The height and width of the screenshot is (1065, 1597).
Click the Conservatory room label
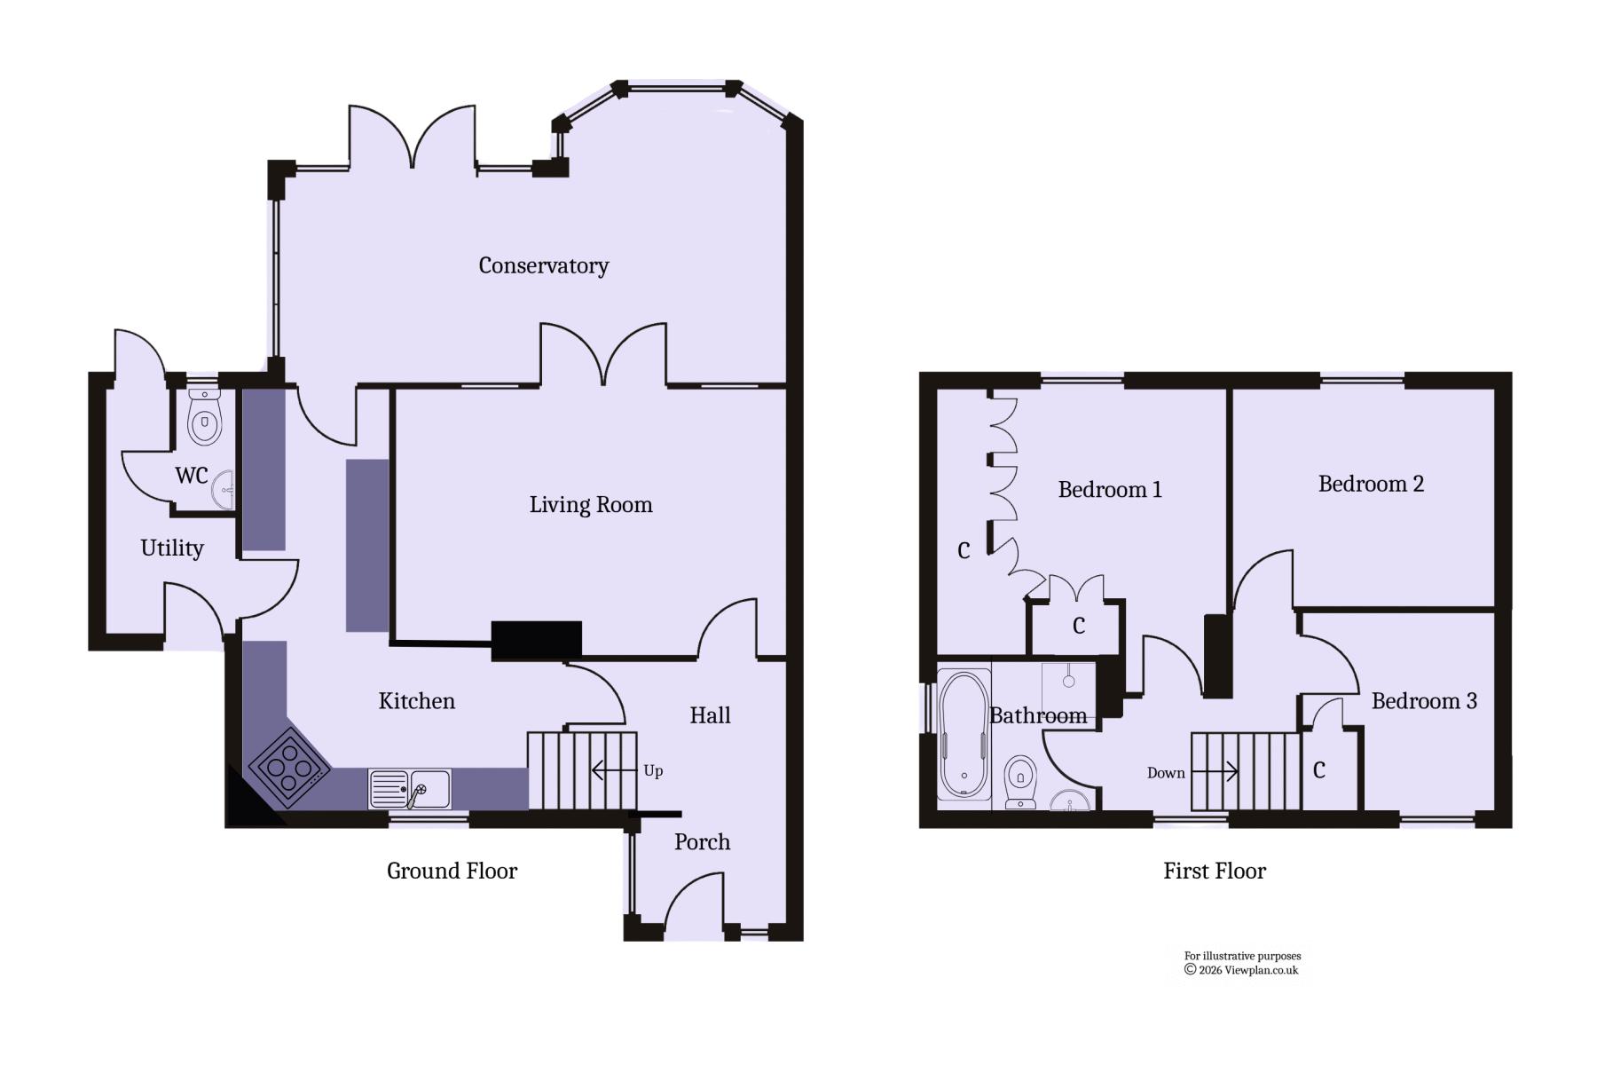[x=543, y=265]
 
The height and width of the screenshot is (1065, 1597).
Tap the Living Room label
[x=591, y=505]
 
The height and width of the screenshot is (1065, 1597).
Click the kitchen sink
[x=409, y=789]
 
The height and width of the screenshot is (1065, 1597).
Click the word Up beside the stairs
[x=653, y=770]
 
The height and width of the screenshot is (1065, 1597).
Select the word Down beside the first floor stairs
[x=1166, y=773]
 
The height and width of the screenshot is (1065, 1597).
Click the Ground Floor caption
[x=452, y=871]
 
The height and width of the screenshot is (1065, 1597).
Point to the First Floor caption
[x=1215, y=871]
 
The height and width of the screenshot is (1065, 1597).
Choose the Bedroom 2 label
[x=1371, y=484]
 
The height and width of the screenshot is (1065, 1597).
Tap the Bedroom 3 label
[x=1424, y=701]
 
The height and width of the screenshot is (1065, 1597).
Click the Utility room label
[x=172, y=548]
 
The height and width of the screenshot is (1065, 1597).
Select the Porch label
[x=702, y=841]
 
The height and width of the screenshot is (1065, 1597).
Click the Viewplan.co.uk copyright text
[x=1241, y=970]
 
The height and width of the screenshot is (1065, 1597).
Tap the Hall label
[x=710, y=715]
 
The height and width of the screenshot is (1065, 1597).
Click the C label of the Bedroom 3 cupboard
[x=1319, y=769]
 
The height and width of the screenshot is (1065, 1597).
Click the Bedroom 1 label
[x=1110, y=489]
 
